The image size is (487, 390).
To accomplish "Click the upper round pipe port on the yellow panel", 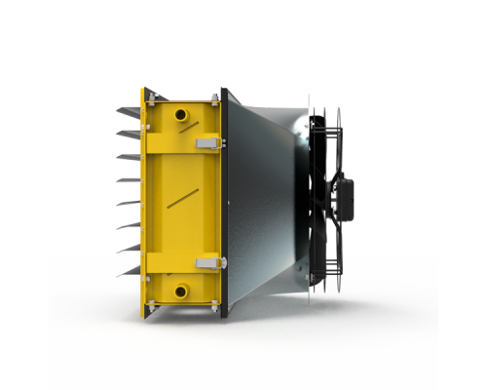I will point(182,114).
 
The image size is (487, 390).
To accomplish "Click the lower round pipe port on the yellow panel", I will point(182,290).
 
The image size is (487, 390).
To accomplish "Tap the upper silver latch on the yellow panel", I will point(207,142).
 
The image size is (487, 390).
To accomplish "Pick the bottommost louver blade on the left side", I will point(130,274).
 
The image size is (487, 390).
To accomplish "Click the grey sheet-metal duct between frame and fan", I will point(263,195).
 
